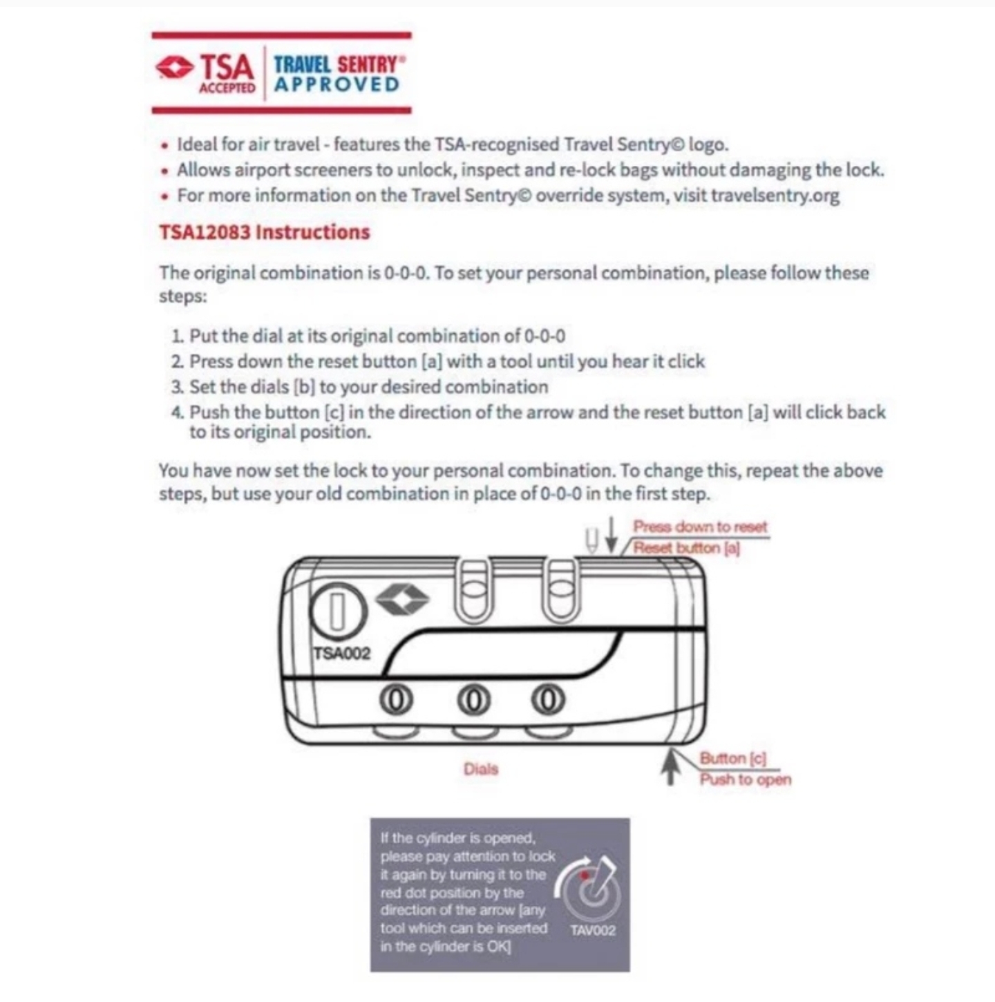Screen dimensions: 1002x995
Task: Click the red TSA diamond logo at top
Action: tap(174, 68)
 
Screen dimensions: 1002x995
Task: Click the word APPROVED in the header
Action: tap(337, 85)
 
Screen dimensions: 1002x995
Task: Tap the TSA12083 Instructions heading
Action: tap(265, 232)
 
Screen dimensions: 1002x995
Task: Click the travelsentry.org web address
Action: tap(775, 196)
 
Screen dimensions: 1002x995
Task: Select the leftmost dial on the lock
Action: tap(396, 699)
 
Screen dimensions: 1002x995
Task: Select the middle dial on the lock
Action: tap(473, 699)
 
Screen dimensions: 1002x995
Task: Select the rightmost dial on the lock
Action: tap(548, 699)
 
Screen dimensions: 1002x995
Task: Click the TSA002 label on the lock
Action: tap(342, 653)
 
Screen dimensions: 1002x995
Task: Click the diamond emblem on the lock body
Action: tap(402, 598)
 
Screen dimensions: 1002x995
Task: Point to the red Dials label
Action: tap(481, 769)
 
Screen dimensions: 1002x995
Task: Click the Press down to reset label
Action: tap(700, 527)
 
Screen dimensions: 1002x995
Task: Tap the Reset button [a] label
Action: tap(687, 548)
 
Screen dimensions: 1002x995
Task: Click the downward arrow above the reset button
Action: tap(611, 536)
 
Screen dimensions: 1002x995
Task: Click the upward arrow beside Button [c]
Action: tap(670, 768)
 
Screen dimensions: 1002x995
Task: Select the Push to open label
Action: tap(745, 779)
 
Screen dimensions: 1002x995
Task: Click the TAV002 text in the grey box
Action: tap(592, 930)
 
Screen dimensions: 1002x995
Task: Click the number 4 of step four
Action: tap(177, 413)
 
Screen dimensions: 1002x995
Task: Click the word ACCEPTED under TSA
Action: tap(227, 88)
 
